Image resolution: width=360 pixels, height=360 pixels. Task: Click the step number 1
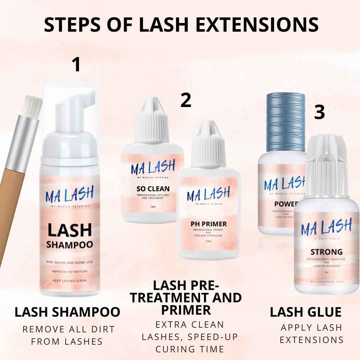[x=77, y=65]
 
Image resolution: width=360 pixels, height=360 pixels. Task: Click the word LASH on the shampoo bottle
[x=69, y=230]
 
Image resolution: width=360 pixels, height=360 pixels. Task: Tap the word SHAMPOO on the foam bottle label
[x=69, y=245]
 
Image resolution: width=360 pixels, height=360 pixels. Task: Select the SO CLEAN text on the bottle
[x=153, y=188]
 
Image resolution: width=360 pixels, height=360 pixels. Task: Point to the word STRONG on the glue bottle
[x=326, y=251]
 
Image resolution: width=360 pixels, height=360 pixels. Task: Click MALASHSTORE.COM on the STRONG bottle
[x=326, y=282]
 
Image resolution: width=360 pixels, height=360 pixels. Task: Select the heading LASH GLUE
[x=306, y=312]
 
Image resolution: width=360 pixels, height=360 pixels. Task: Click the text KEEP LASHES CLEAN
[x=69, y=280]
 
